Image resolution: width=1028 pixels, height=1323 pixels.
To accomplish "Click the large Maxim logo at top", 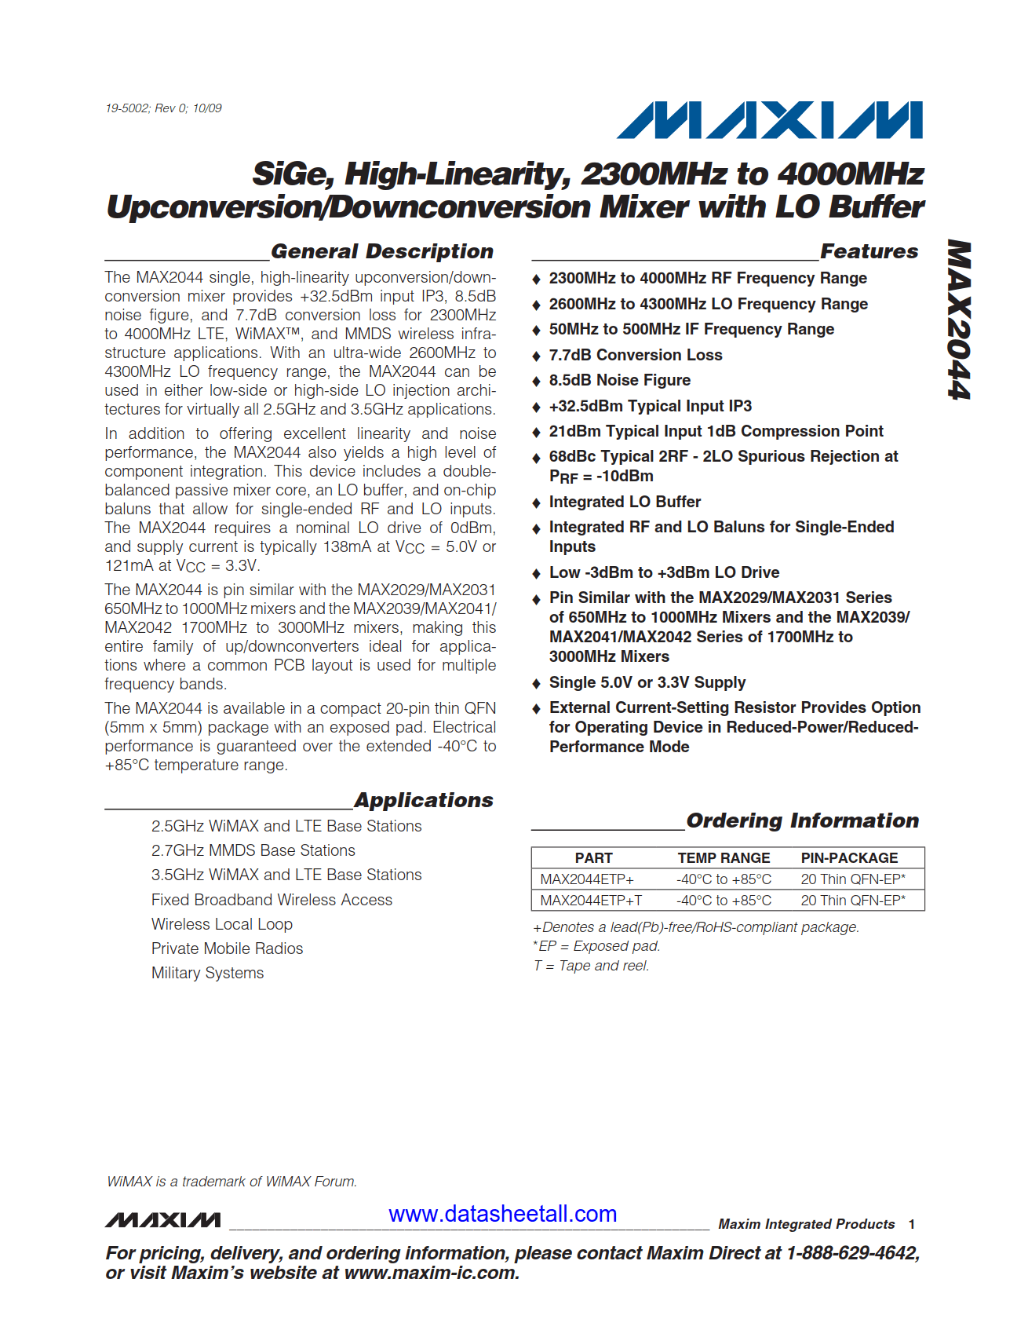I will coord(769,120).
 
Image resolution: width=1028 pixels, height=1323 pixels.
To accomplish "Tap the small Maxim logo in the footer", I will coord(163,1220).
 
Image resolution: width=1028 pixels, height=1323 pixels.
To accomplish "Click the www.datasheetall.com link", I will coord(502,1214).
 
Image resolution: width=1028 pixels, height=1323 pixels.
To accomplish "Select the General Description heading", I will coord(382,251).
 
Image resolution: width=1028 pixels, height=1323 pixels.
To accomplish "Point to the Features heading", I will coord(869,251).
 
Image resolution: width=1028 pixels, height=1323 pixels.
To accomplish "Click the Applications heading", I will coord(424,800).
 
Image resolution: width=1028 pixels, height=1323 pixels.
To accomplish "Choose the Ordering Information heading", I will coord(802,820).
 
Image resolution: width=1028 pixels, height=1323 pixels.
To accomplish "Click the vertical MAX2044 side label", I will coord(959,320).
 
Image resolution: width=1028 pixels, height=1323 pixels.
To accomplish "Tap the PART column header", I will coord(593,858).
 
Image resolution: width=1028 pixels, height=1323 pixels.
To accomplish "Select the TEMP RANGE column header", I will coord(724,858).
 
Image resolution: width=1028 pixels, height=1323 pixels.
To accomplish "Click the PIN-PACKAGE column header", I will coord(849,858).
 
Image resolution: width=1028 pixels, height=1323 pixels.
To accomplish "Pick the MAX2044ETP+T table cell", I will coord(591,901).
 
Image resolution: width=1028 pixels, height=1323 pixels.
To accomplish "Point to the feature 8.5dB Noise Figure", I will coord(619,380).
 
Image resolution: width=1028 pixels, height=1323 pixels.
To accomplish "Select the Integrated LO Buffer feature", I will coord(625,502).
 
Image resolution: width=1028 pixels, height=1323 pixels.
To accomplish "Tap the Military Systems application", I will coord(207,973).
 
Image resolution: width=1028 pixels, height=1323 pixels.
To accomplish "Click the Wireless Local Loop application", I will coord(221,924).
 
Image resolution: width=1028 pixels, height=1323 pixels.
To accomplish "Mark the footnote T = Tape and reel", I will coord(591,966).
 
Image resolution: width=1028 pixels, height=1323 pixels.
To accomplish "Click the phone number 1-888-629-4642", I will coord(852,1253).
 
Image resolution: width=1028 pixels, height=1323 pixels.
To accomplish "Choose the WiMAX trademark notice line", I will coord(231,1182).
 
